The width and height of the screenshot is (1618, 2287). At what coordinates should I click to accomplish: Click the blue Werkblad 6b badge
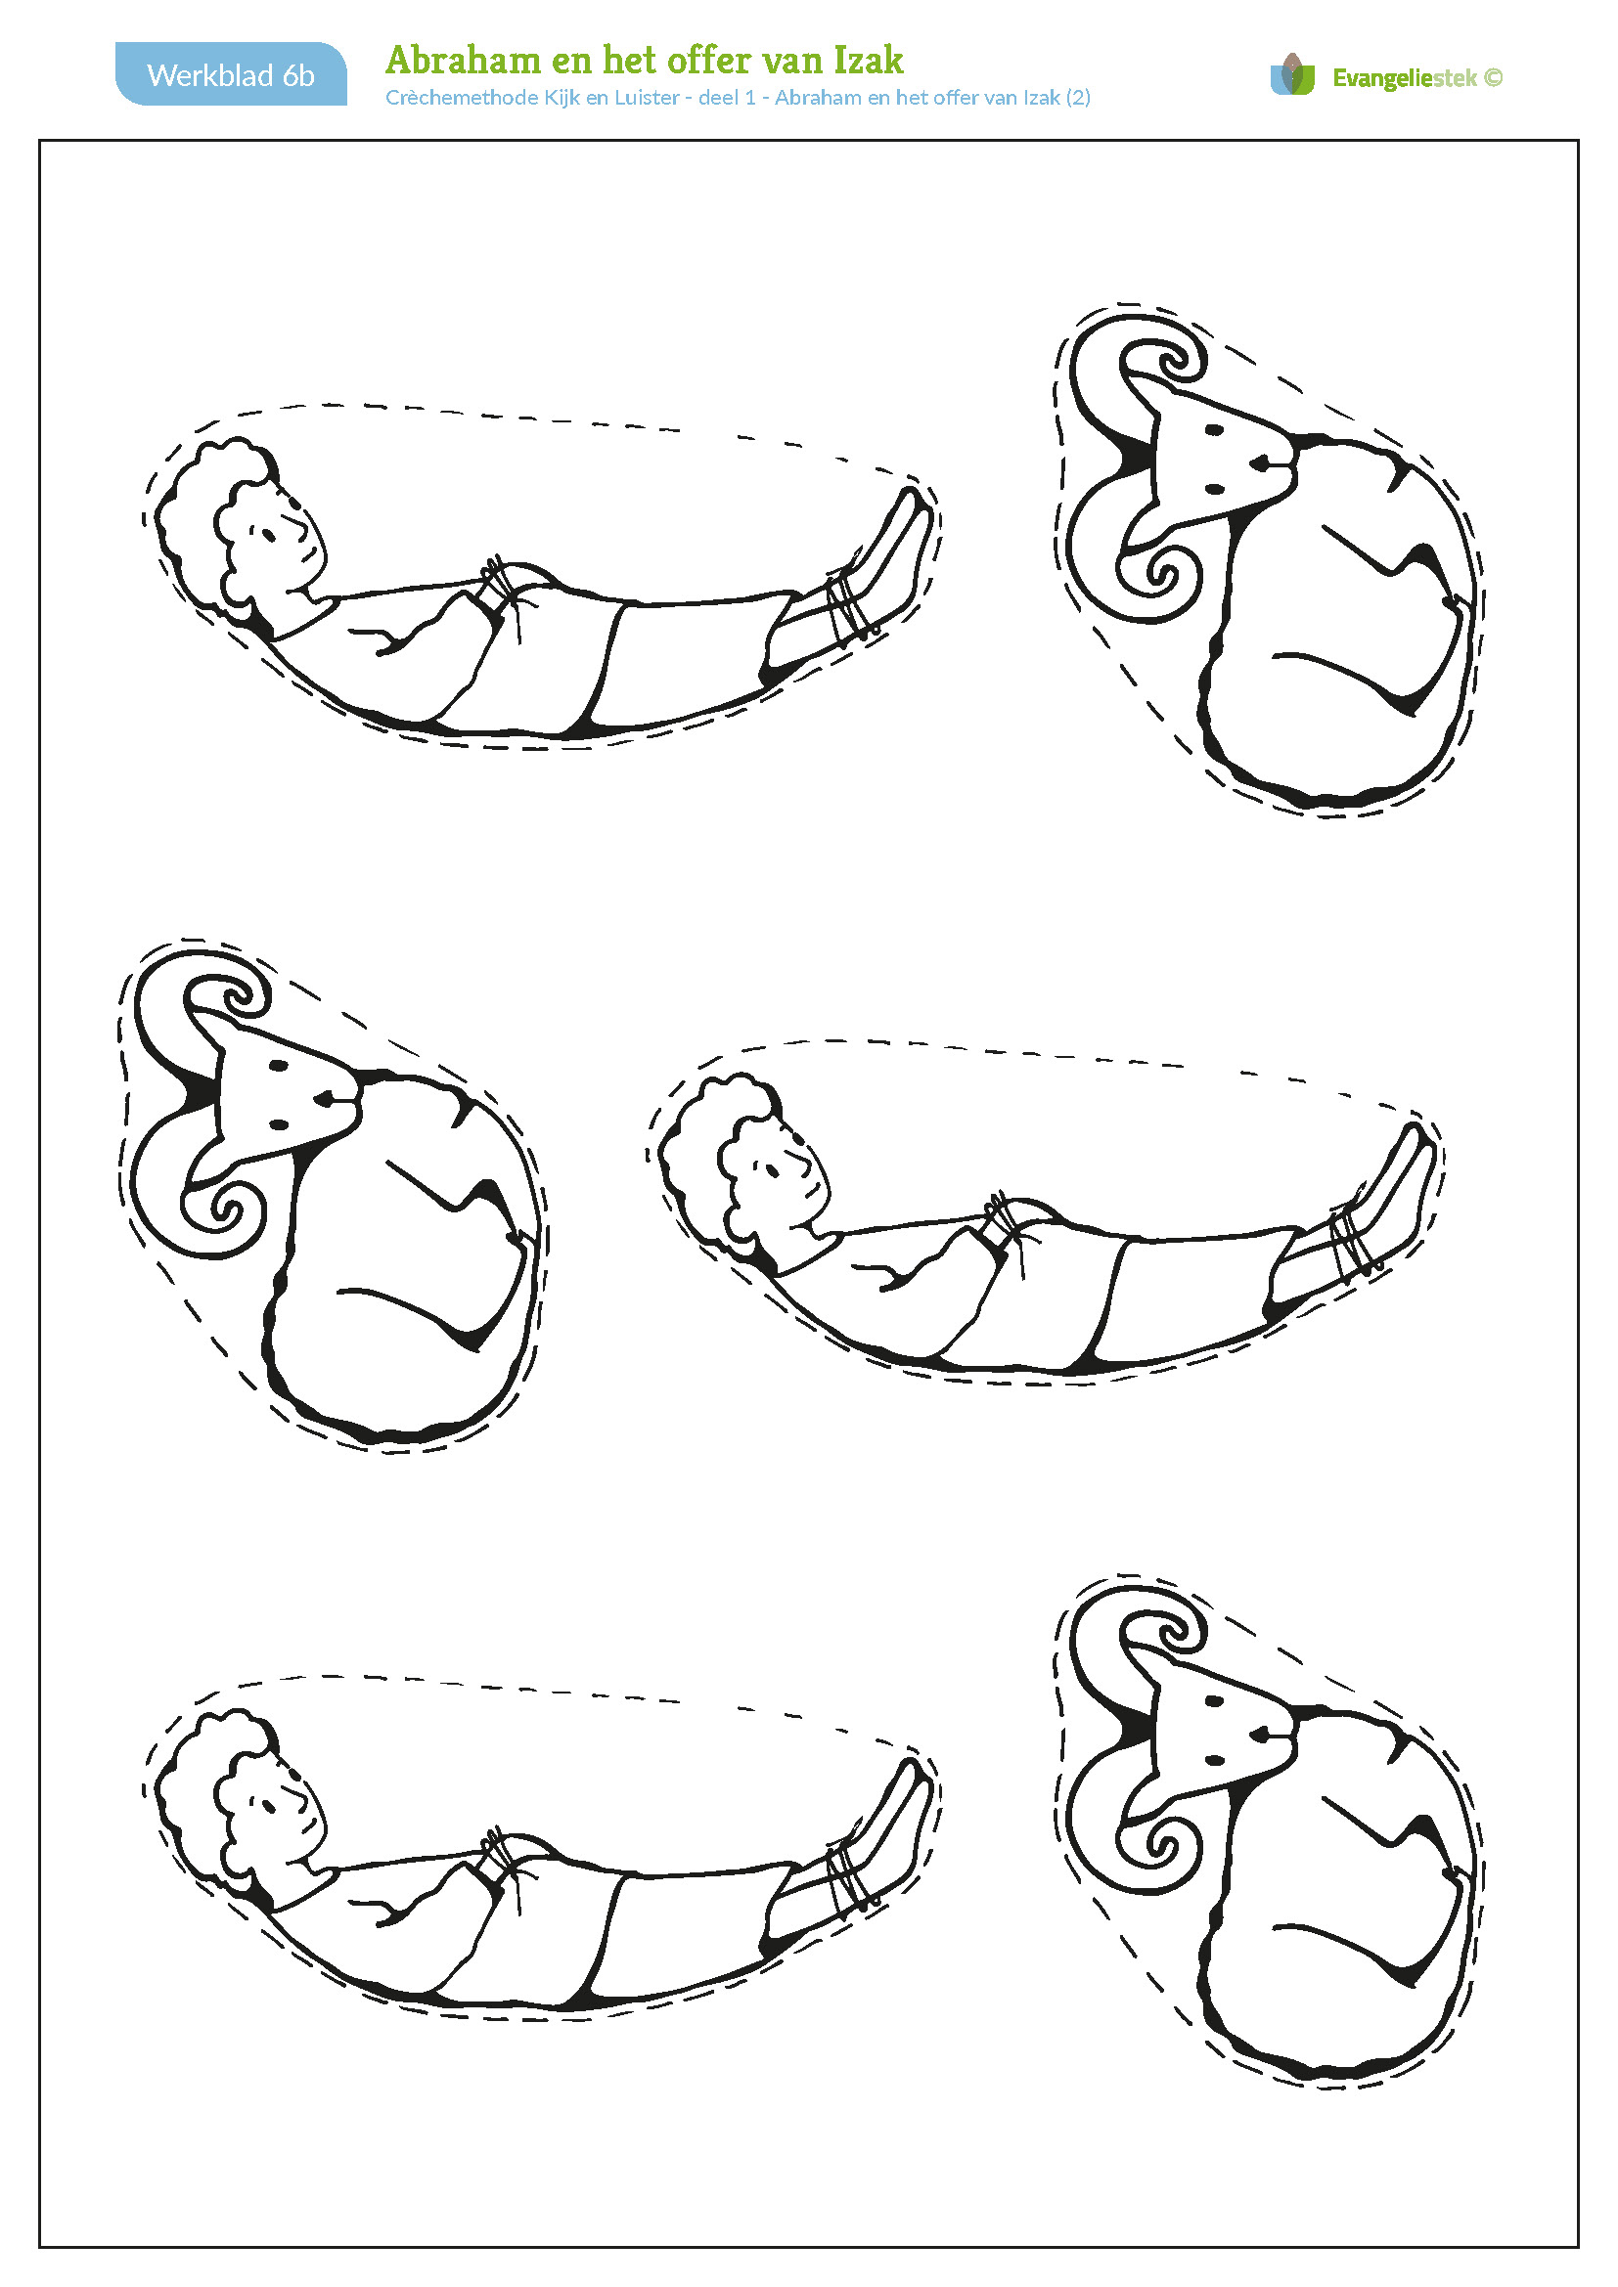point(231,73)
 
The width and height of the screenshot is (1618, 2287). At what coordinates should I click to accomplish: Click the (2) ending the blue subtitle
point(1078,98)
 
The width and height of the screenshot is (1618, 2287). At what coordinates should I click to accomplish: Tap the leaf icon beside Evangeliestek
point(1292,74)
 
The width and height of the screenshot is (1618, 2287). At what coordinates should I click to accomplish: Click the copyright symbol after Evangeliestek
point(1493,77)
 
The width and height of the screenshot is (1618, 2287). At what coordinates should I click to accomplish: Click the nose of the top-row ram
point(1260,462)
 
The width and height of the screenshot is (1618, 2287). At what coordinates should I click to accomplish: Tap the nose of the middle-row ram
point(325,1098)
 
